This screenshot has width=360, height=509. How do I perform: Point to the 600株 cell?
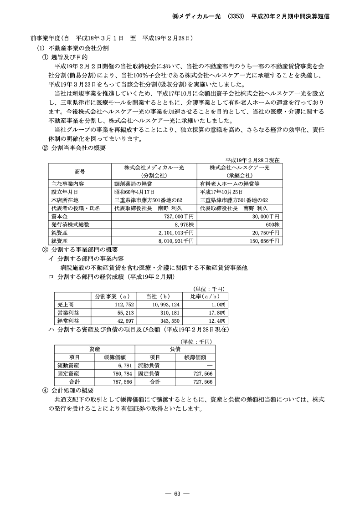point(273,224)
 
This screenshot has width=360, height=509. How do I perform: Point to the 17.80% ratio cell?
point(217,313)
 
